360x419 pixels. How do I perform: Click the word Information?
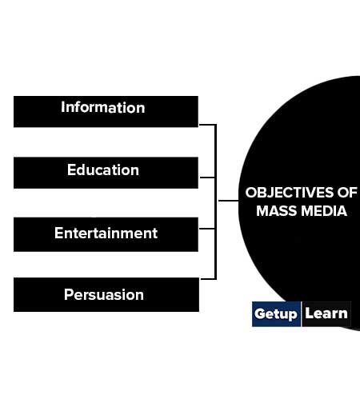(x=103, y=107)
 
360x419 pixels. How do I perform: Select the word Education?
(x=103, y=170)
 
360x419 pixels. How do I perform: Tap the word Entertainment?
(x=106, y=233)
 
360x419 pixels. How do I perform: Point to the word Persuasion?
(x=104, y=295)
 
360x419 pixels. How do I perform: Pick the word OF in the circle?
(x=347, y=193)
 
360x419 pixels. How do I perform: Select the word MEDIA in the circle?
(x=324, y=211)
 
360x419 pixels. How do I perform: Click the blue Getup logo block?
(x=276, y=314)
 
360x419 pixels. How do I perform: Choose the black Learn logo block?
(x=326, y=314)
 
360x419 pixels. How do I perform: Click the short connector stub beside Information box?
(x=207, y=125)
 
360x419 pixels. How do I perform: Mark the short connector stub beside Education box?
(x=207, y=178)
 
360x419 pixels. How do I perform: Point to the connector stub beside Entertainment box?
(x=207, y=229)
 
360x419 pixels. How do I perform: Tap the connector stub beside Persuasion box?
(x=208, y=279)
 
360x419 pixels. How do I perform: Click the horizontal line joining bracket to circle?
(x=229, y=201)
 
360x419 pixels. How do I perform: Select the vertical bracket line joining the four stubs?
(x=215, y=202)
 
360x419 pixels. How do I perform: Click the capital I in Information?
(x=62, y=107)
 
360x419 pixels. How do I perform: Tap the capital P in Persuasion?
(x=69, y=294)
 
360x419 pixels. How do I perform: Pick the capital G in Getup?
(x=260, y=313)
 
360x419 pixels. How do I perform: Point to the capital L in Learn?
(x=309, y=313)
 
